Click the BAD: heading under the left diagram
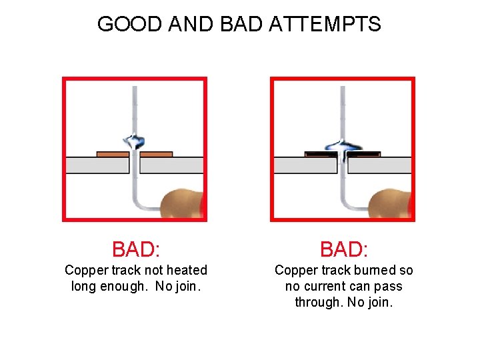136,249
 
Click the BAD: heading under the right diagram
344,249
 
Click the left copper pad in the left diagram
113,154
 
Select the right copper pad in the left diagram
156,154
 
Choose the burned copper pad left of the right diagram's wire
321,154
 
